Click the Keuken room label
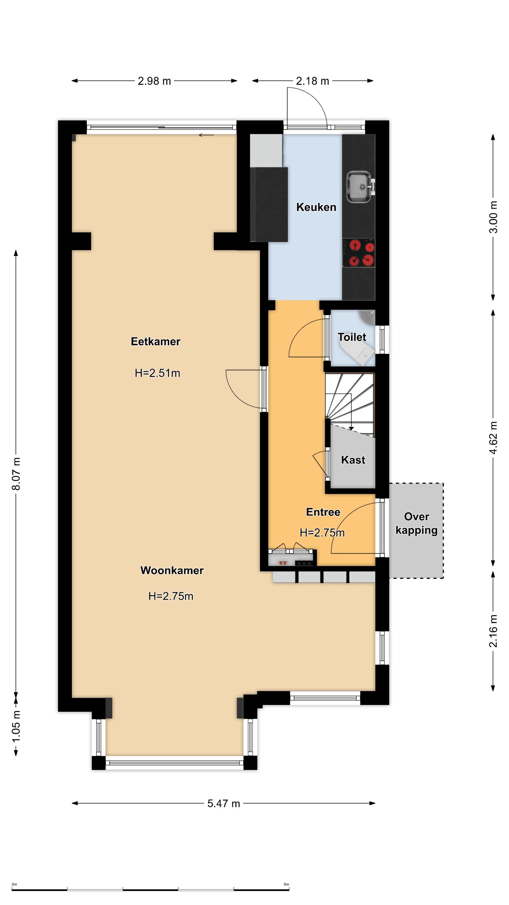[x=316, y=207]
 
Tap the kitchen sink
[x=359, y=187]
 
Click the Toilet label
[x=352, y=337]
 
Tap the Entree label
[x=323, y=512]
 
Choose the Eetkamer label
[x=156, y=341]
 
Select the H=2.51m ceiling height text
[x=157, y=373]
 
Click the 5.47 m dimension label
[x=223, y=803]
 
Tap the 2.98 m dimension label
[x=154, y=81]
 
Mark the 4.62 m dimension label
[x=493, y=437]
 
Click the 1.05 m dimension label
[x=16, y=726]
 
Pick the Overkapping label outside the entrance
[x=417, y=523]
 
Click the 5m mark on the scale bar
[x=286, y=884]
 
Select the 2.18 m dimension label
[x=312, y=81]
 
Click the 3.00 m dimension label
[x=493, y=217]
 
